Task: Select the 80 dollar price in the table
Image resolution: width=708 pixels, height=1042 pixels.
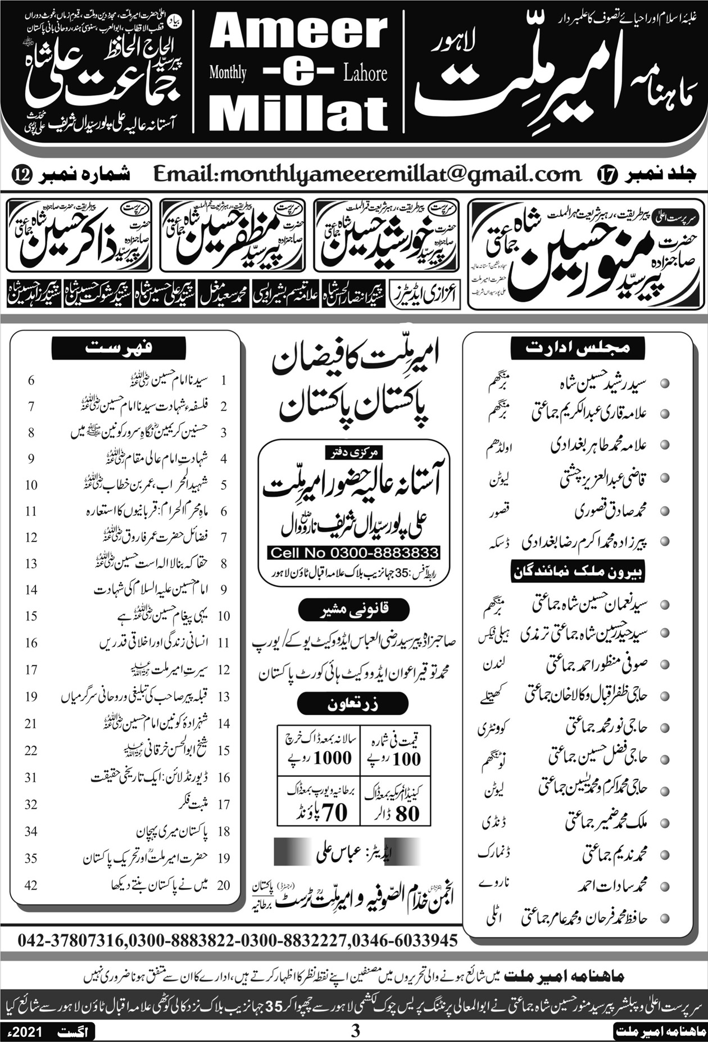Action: (407, 813)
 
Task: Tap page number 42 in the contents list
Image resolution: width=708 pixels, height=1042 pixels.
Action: (31, 885)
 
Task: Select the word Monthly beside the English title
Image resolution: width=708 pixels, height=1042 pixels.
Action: (228, 73)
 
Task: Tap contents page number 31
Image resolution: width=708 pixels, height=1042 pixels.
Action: (31, 777)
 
